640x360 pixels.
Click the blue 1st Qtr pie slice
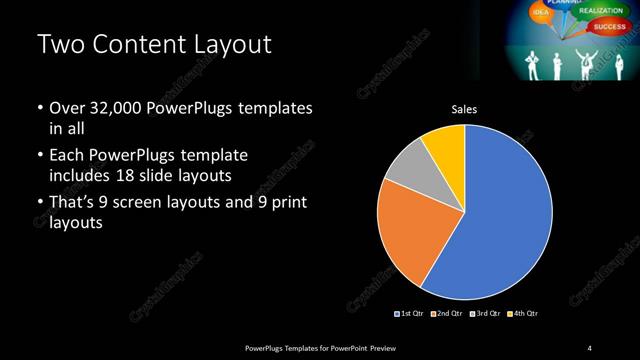pos(500,220)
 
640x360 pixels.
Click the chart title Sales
pos(464,110)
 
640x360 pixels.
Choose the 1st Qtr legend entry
pos(410,314)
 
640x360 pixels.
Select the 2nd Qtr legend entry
pos(447,314)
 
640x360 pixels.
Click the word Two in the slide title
pos(59,46)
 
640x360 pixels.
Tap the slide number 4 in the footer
pos(590,347)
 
